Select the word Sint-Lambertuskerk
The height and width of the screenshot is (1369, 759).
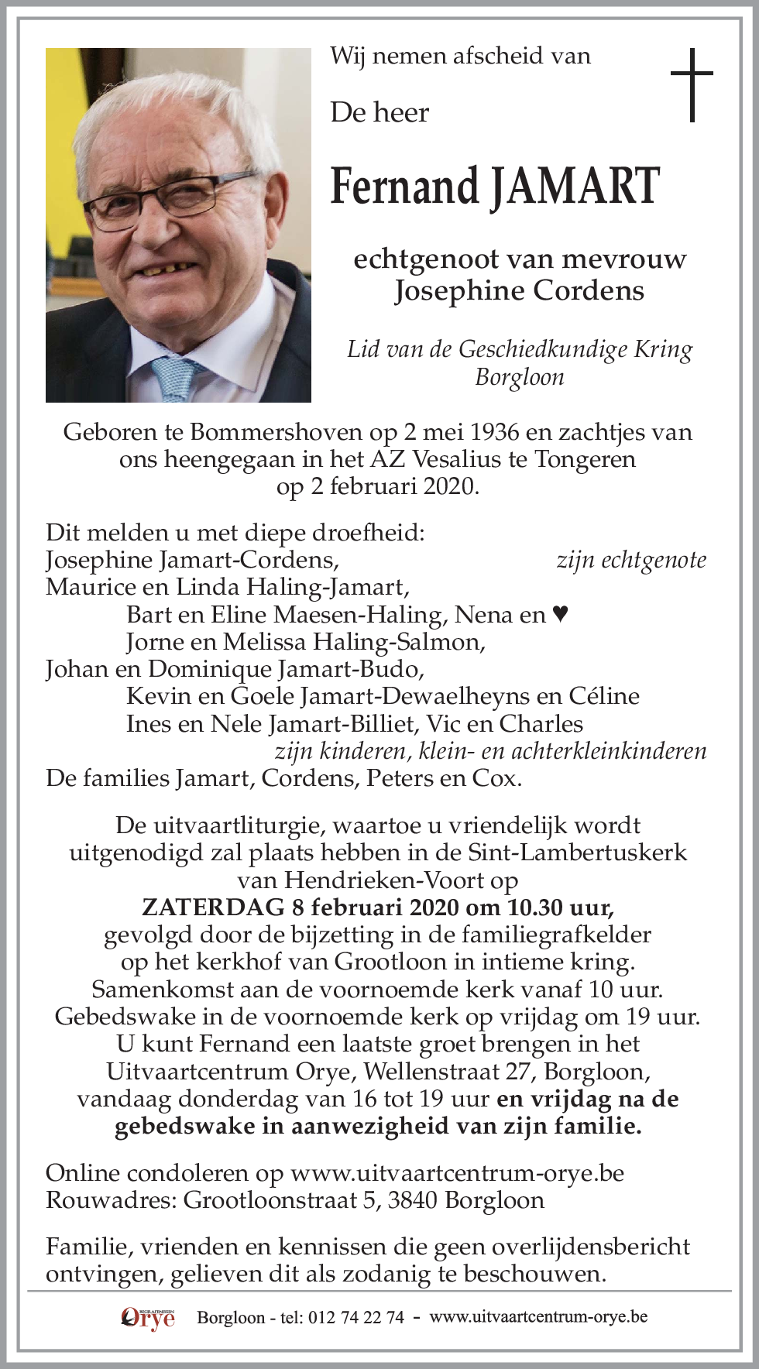pos(577,853)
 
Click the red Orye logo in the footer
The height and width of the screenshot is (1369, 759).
pos(148,1317)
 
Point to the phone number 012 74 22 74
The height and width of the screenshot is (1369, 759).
pos(355,1318)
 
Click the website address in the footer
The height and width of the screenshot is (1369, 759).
pos(538,1317)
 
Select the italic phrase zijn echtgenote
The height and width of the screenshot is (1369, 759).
pos(631,560)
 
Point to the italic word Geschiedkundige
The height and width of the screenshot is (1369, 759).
pos(543,349)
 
